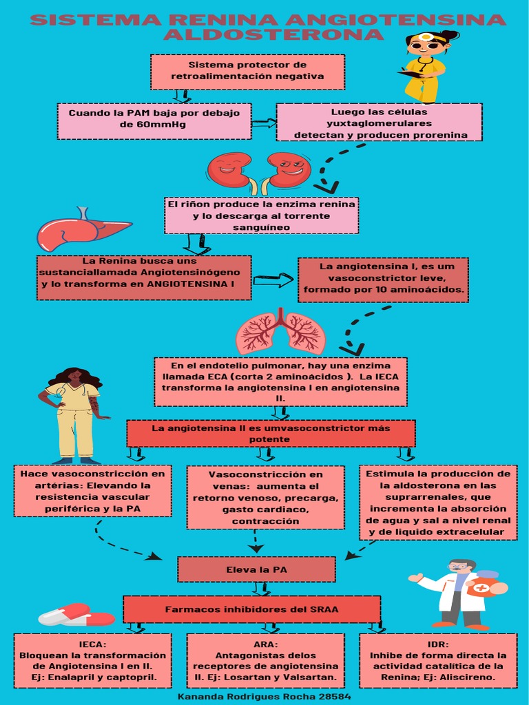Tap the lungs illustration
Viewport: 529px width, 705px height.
pyautogui.click(x=280, y=331)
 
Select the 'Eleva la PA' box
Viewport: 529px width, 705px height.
pyautogui.click(x=256, y=569)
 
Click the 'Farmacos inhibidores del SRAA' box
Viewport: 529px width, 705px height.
pyautogui.click(x=251, y=609)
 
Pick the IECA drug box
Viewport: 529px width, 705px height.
pyautogui.click(x=92, y=661)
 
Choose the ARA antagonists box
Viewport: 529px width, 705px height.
pyautogui.click(x=265, y=661)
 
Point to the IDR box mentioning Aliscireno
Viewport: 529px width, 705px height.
pyautogui.click(x=438, y=661)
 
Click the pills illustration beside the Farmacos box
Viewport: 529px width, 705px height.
pyautogui.click(x=76, y=615)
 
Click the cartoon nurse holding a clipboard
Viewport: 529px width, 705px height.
pyautogui.click(x=425, y=66)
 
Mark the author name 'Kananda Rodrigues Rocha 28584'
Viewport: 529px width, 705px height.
pyautogui.click(x=264, y=697)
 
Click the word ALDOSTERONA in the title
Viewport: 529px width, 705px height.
pyautogui.click(x=273, y=34)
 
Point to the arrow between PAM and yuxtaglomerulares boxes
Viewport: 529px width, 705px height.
pyautogui.click(x=264, y=123)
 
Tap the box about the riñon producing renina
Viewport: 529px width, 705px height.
pyautogui.click(x=262, y=215)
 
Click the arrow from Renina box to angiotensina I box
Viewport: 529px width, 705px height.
pyautogui.click(x=273, y=280)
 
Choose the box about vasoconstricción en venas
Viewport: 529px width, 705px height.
pyautogui.click(x=265, y=498)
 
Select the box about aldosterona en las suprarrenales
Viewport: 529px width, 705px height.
pyautogui.click(x=438, y=503)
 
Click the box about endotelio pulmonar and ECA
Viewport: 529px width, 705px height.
pyautogui.click(x=280, y=381)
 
